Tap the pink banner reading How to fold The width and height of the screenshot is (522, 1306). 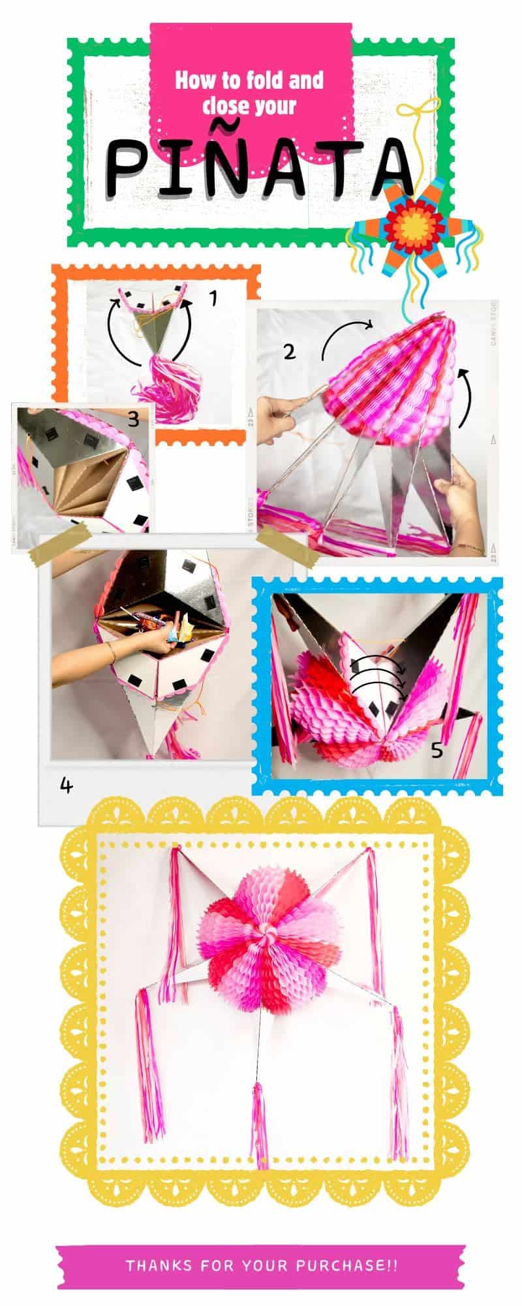pos(249,91)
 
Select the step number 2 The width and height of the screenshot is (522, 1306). pos(288,351)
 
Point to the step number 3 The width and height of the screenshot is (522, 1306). pos(133,419)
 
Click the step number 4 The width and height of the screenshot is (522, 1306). pos(65,785)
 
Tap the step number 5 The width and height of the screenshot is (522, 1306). pos(437,750)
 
